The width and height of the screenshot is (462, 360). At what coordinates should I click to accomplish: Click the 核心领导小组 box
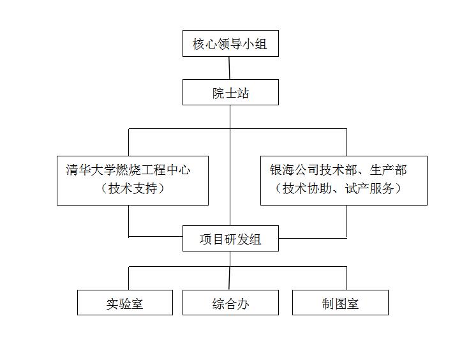[230, 43]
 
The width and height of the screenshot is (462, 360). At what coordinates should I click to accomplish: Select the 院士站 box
[230, 93]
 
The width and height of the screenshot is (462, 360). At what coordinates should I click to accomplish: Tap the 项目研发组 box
[230, 239]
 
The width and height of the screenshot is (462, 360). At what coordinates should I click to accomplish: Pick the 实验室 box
[125, 303]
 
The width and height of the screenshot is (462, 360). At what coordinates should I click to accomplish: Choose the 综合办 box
[230, 303]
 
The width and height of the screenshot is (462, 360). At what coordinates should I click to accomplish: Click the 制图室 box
[340, 303]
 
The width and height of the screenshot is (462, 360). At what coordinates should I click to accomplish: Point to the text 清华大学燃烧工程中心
[128, 170]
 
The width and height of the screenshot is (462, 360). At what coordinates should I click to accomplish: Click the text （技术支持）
[133, 188]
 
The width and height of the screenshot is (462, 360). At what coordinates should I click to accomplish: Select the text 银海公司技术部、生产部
[338, 170]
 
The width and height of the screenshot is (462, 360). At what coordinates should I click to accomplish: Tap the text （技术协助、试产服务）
[338, 188]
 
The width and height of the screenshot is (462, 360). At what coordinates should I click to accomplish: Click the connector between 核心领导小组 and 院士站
[229, 68]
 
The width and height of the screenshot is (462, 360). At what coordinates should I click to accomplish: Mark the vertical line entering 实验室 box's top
[129, 278]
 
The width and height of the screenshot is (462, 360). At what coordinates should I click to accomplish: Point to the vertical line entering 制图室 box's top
[346, 278]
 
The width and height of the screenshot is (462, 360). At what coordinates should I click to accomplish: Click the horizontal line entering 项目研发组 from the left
[156, 236]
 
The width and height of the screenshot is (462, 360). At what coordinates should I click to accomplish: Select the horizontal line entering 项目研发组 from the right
[313, 238]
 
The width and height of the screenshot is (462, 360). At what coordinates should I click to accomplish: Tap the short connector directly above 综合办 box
[230, 278]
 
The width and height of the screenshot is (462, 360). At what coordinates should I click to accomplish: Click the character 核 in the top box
[198, 44]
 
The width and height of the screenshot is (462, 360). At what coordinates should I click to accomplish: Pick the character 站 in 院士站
[242, 93]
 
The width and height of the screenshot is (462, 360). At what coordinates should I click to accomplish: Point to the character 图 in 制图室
[340, 304]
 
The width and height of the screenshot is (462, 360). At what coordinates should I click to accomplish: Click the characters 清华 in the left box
[78, 170]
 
